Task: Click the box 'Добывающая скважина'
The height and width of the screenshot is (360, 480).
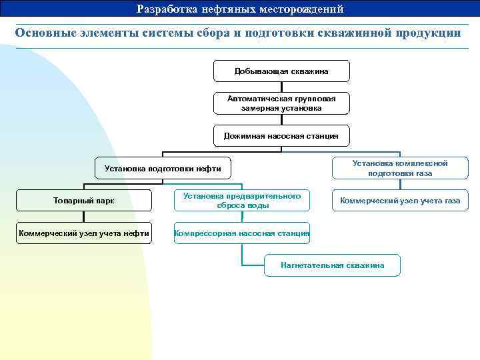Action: tap(281, 71)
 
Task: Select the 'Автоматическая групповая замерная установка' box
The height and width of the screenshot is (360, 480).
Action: tap(281, 103)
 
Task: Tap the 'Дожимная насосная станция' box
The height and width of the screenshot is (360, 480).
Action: tap(281, 135)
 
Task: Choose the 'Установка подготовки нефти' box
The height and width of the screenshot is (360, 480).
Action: tap(163, 169)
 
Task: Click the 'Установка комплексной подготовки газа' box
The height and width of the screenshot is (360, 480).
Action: tap(399, 168)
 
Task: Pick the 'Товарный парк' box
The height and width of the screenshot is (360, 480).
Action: tap(83, 201)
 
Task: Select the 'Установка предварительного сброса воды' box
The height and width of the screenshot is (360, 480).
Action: tap(242, 201)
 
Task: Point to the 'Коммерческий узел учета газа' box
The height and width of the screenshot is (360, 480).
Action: tap(399, 200)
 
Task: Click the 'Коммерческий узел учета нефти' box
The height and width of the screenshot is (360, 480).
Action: tap(83, 233)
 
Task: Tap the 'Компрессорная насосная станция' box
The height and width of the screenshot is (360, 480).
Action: tap(242, 233)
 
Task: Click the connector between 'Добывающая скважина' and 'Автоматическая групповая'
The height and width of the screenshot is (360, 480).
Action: tap(281, 87)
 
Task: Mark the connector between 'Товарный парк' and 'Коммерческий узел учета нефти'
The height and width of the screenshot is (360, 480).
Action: tap(83, 217)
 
